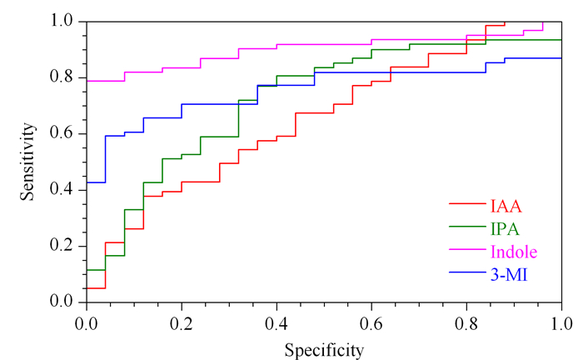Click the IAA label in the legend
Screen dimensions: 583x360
click(506, 206)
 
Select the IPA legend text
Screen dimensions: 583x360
click(505, 228)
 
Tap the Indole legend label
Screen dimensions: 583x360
click(514, 252)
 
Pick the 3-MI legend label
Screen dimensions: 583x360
click(509, 275)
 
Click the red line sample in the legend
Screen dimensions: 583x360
click(467, 204)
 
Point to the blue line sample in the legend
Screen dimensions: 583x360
click(467, 272)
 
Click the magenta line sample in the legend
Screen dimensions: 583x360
click(467, 249)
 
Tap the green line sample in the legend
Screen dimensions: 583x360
click(467, 227)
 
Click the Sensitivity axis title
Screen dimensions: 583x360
click(27, 162)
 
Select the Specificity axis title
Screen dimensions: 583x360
click(324, 350)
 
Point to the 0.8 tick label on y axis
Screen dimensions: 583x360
click(62, 77)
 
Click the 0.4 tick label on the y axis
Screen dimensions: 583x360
click(62, 189)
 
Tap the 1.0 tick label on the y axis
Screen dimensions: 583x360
click(62, 21)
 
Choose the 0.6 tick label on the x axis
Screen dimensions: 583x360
click(371, 324)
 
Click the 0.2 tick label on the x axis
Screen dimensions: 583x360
click(182, 324)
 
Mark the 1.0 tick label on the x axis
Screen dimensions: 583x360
click(561, 324)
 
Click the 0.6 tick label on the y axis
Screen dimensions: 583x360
click(62, 133)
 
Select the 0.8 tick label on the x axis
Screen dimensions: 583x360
click(466, 324)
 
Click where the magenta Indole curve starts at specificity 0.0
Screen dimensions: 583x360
click(87, 81)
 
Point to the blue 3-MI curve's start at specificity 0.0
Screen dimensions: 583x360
click(87, 182)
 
